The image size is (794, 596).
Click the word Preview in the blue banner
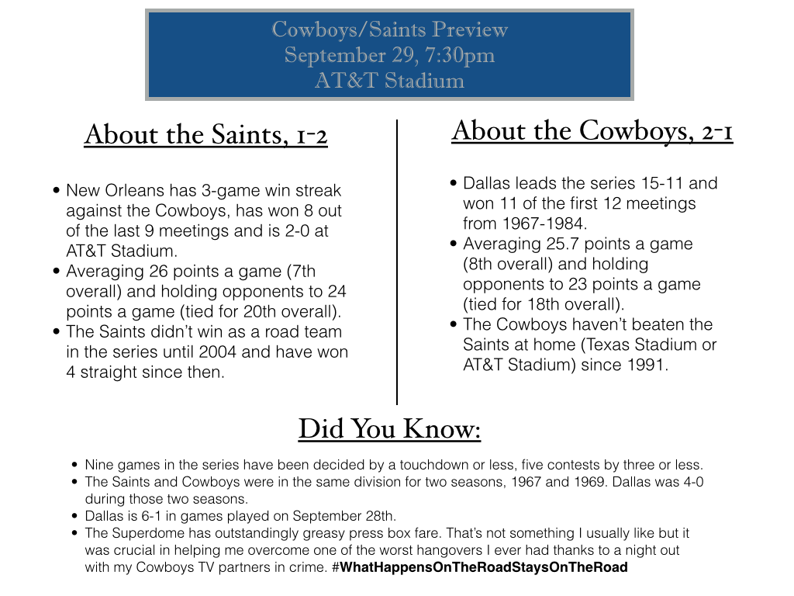[469, 29]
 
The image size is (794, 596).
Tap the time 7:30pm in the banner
[460, 56]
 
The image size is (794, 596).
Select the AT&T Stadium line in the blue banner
[389, 81]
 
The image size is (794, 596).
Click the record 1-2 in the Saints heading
[312, 136]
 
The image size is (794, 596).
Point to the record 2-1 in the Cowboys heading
[717, 132]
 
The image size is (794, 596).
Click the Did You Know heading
[389, 428]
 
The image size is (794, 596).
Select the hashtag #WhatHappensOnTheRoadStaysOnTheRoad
[479, 567]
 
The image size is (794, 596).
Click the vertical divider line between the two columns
[397, 262]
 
